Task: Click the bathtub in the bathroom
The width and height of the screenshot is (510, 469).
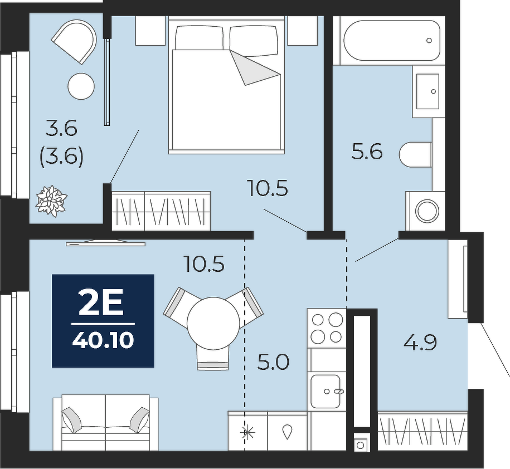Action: tap(392, 40)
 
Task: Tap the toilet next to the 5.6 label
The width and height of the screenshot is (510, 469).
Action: tap(415, 154)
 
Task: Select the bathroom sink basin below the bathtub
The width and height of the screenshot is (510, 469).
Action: tap(429, 91)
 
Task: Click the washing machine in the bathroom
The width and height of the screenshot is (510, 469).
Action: tap(425, 211)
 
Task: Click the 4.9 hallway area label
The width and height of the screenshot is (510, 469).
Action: tap(420, 343)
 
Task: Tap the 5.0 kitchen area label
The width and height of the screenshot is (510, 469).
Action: tap(273, 362)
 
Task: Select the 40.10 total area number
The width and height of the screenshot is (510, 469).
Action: tap(103, 340)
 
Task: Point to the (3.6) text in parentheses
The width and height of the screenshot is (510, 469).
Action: tap(61, 157)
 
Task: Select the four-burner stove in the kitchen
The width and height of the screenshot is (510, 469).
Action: tap(327, 328)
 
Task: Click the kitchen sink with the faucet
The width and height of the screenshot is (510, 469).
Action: tap(326, 392)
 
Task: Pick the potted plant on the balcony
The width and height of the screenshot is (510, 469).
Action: tap(52, 201)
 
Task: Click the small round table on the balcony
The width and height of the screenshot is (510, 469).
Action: tap(81, 86)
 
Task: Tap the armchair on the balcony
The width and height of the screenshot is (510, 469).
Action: tap(75, 42)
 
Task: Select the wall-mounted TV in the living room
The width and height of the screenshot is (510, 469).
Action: tap(106, 242)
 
